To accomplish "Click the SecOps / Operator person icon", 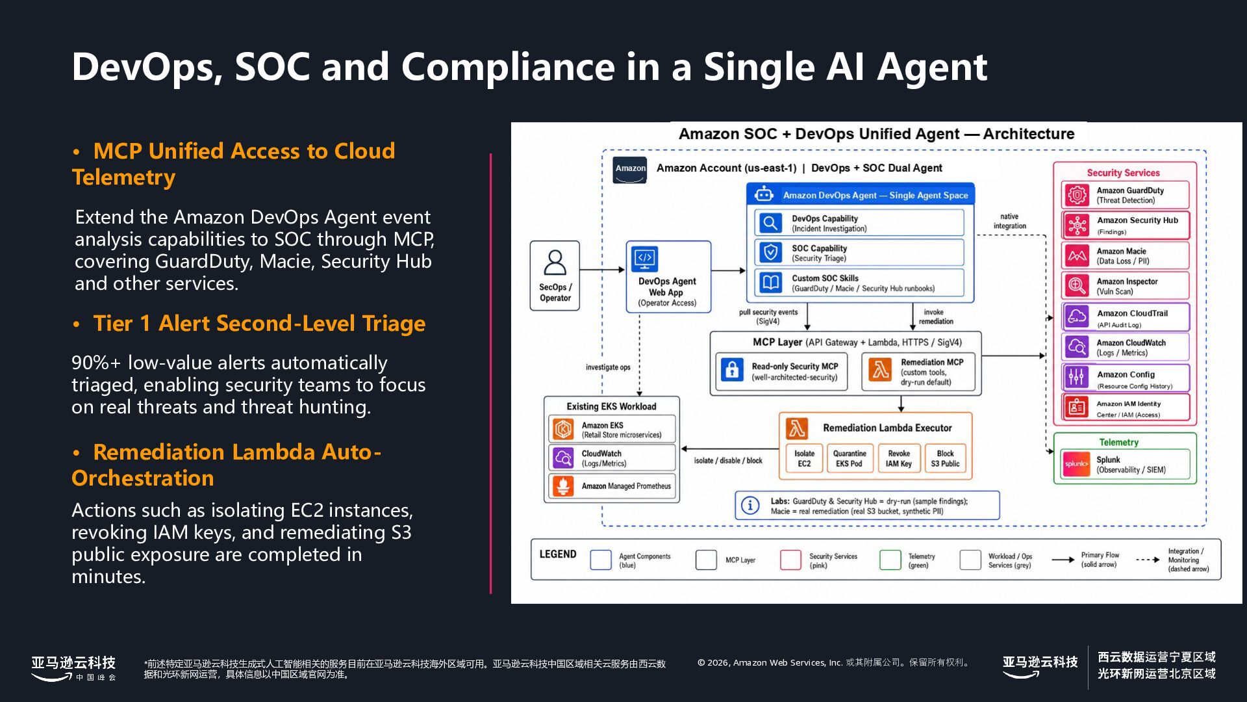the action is click(x=555, y=263).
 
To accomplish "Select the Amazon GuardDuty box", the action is click(x=1126, y=195).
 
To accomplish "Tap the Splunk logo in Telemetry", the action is click(x=1076, y=464).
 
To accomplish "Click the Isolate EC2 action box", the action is click(x=804, y=458).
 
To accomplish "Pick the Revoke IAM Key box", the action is click(x=898, y=458).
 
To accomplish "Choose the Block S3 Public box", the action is click(x=945, y=458).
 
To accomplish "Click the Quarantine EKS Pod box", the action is click(x=850, y=458).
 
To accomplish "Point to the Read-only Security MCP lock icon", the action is click(x=732, y=369).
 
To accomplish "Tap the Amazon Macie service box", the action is click(x=1126, y=255).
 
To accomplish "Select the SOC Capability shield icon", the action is click(x=771, y=252).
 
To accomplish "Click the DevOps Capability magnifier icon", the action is click(x=771, y=223).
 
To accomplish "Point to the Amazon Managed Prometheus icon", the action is click(x=563, y=486).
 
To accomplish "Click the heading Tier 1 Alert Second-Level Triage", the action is click(x=259, y=323).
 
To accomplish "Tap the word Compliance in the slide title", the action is click(x=508, y=66).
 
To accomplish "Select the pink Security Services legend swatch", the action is click(x=790, y=560).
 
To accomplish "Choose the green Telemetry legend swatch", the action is click(x=890, y=560).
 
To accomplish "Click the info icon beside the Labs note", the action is click(x=750, y=505).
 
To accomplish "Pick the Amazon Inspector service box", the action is click(x=1126, y=285).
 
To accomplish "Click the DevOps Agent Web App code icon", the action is click(x=644, y=259).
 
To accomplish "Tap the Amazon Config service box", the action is click(x=1126, y=378).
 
